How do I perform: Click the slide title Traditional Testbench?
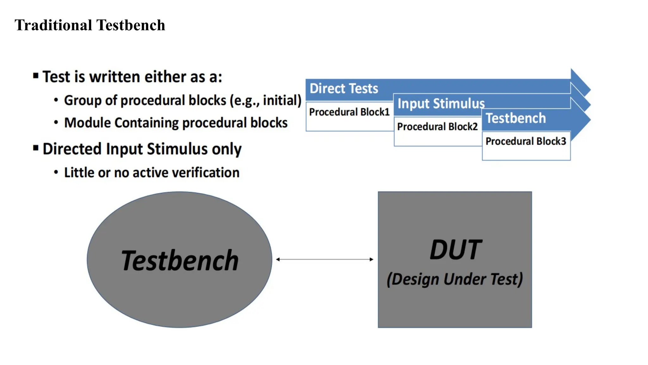click(90, 25)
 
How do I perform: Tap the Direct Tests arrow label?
click(344, 88)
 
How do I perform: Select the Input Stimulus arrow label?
click(441, 104)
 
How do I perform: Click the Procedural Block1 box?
click(349, 116)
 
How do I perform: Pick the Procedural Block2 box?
click(437, 131)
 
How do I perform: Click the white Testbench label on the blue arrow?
click(516, 118)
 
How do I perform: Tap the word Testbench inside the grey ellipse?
click(180, 260)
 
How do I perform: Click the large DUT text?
click(455, 250)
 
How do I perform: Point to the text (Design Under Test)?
click(455, 279)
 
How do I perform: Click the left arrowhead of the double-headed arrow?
click(278, 259)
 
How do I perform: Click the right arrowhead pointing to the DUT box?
click(371, 259)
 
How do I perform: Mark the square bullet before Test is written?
click(36, 76)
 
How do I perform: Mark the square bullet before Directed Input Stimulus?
click(36, 148)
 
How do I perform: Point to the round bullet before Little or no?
click(56, 172)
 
